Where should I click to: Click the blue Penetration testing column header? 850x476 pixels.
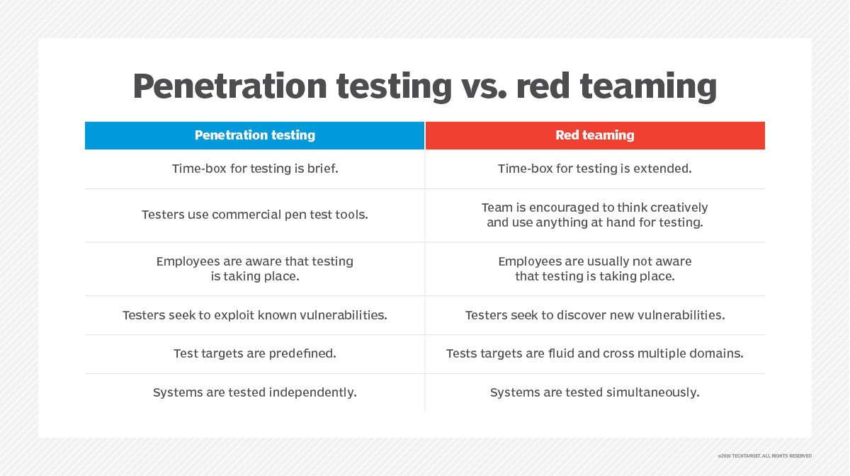coord(254,135)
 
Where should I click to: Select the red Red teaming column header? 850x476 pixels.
coord(595,135)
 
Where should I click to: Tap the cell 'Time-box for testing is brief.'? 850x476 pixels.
coord(255,169)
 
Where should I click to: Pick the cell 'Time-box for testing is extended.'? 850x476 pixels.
coord(594,169)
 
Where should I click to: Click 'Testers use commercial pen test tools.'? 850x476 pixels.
coord(255,215)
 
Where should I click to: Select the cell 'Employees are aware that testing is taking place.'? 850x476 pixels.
coord(255,268)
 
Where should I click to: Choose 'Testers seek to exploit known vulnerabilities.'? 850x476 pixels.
coord(255,315)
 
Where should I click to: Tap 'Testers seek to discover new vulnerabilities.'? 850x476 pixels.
coord(595,315)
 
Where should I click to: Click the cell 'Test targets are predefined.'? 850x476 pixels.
coord(255,353)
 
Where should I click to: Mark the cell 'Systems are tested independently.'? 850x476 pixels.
coord(255,392)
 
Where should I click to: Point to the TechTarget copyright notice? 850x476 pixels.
coord(764,456)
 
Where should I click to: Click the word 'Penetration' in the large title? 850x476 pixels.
coord(230,86)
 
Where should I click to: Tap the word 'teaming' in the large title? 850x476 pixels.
coord(649,87)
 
